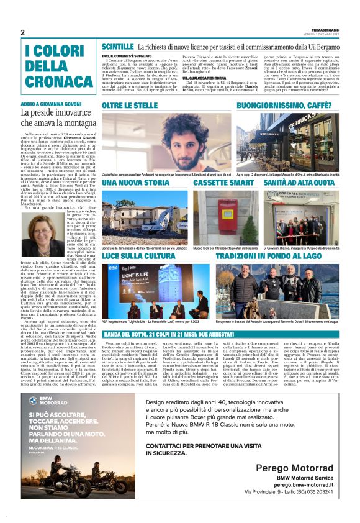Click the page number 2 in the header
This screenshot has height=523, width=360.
[23, 32]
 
